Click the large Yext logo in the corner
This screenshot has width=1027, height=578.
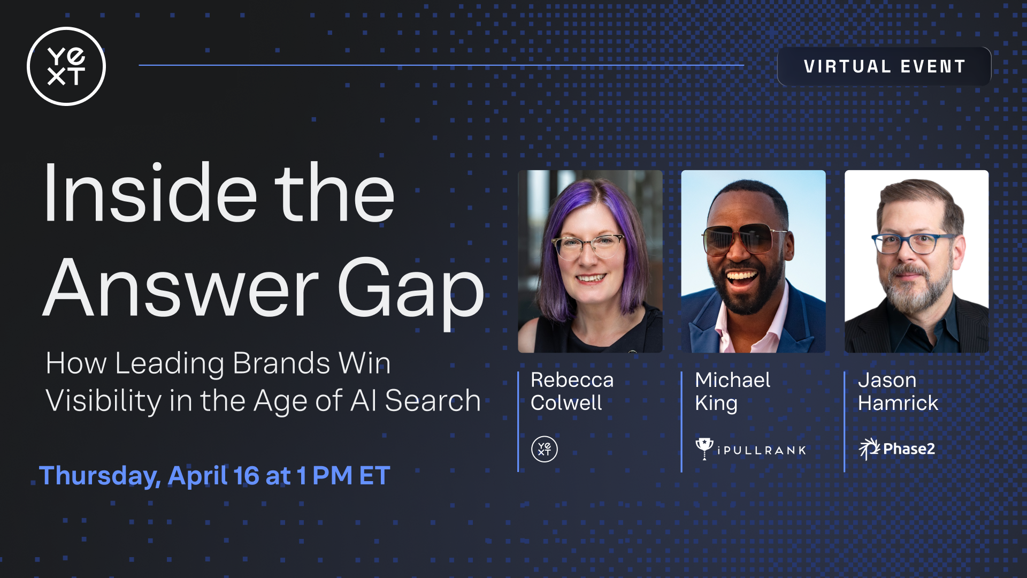coord(66,66)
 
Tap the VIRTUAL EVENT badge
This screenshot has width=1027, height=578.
coord(884,66)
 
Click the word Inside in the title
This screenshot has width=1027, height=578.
coord(150,193)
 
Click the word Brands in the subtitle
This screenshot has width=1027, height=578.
coord(281,363)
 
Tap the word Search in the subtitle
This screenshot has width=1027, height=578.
coord(433,401)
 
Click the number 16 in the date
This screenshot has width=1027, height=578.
coord(246,476)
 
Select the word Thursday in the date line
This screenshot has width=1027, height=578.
coord(100,476)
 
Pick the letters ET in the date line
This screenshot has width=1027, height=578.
coord(374,476)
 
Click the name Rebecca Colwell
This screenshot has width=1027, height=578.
coord(572,391)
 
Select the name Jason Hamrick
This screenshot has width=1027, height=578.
coord(898,391)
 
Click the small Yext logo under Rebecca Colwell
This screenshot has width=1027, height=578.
coord(545,449)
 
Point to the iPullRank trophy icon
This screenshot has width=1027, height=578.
coord(704,448)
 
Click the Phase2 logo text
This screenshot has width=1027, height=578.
coord(909,449)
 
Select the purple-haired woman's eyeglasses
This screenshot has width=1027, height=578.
coord(588,247)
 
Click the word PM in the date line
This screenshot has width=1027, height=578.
coord(332,476)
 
